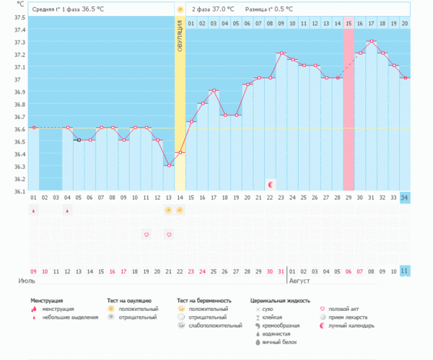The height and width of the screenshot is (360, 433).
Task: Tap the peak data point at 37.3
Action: (371, 41)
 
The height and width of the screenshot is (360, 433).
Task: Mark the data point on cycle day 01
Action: (33, 128)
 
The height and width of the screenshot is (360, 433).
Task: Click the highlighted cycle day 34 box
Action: (404, 197)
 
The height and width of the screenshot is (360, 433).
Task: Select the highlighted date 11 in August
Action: (404, 271)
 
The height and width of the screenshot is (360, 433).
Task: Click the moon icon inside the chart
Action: (271, 185)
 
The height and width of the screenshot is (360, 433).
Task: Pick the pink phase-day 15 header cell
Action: (349, 24)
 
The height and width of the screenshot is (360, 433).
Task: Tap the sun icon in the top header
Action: (180, 9)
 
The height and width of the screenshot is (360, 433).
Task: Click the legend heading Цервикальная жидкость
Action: (280, 299)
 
